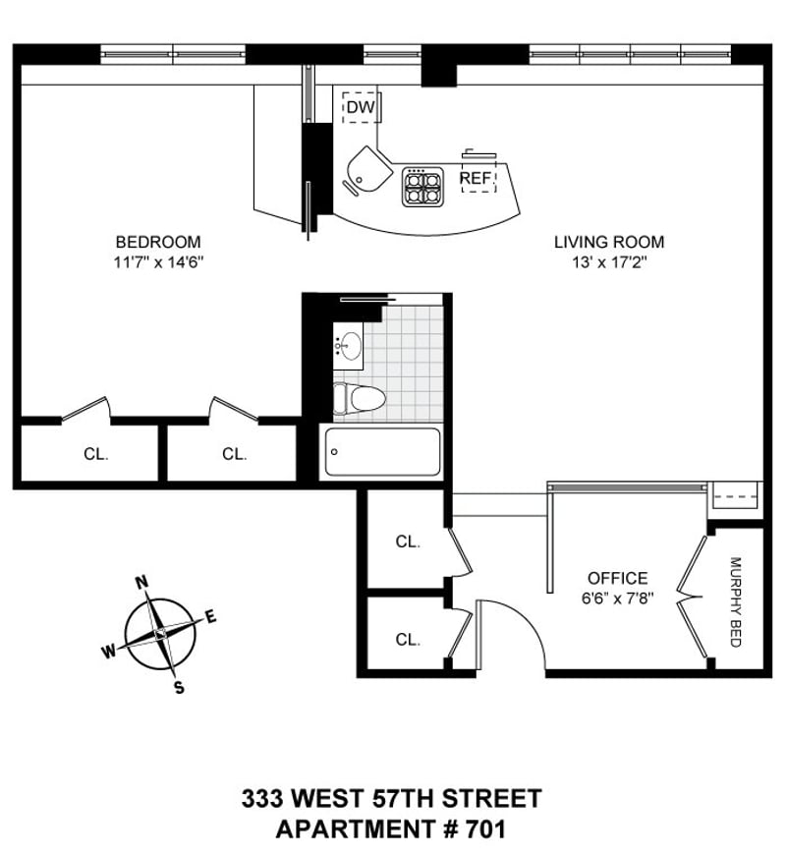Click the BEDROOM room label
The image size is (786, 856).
pos(158,242)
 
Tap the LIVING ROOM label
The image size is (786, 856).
pos(608,242)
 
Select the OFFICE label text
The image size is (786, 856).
pos(617,578)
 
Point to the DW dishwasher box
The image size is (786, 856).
pos(361,106)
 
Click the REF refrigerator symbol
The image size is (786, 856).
pos(478,178)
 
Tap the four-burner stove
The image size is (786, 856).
pos(422,187)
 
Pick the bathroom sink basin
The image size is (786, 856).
pos(349,347)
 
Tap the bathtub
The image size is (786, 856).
pos(381,451)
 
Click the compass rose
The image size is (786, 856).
pos(160,634)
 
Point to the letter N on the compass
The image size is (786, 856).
pos(141,583)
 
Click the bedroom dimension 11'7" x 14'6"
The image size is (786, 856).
pos(158,262)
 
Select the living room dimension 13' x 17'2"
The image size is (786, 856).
pos(608,262)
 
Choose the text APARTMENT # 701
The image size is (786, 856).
pos(391,828)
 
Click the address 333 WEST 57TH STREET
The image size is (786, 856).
pos(391,798)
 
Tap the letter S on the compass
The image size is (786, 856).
pos(179,688)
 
